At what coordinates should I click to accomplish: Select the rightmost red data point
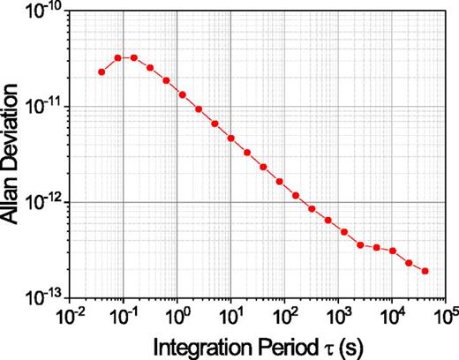[425, 271]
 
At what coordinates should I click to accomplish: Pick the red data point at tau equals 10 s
[230, 139]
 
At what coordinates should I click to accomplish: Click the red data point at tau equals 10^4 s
[393, 251]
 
